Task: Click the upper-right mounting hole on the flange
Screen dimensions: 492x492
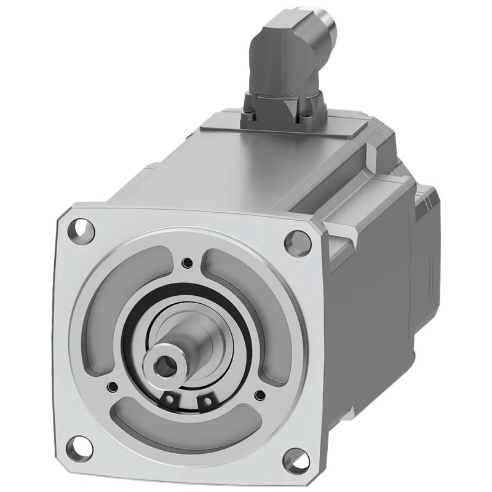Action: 298,242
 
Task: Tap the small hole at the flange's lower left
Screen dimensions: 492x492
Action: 113,387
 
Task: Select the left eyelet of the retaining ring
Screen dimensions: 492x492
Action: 168,400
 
